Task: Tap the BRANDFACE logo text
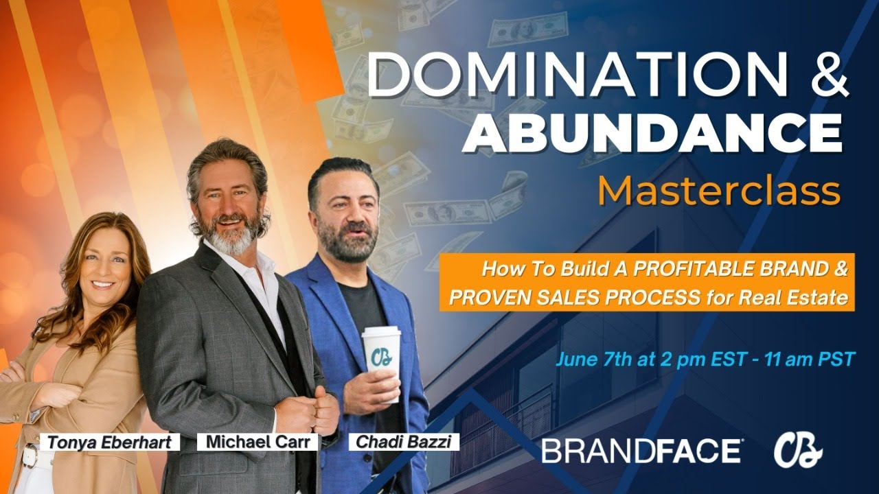click(641, 451)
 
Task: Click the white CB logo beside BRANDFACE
click(798, 451)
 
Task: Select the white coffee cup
click(381, 360)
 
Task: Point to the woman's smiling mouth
click(104, 283)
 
